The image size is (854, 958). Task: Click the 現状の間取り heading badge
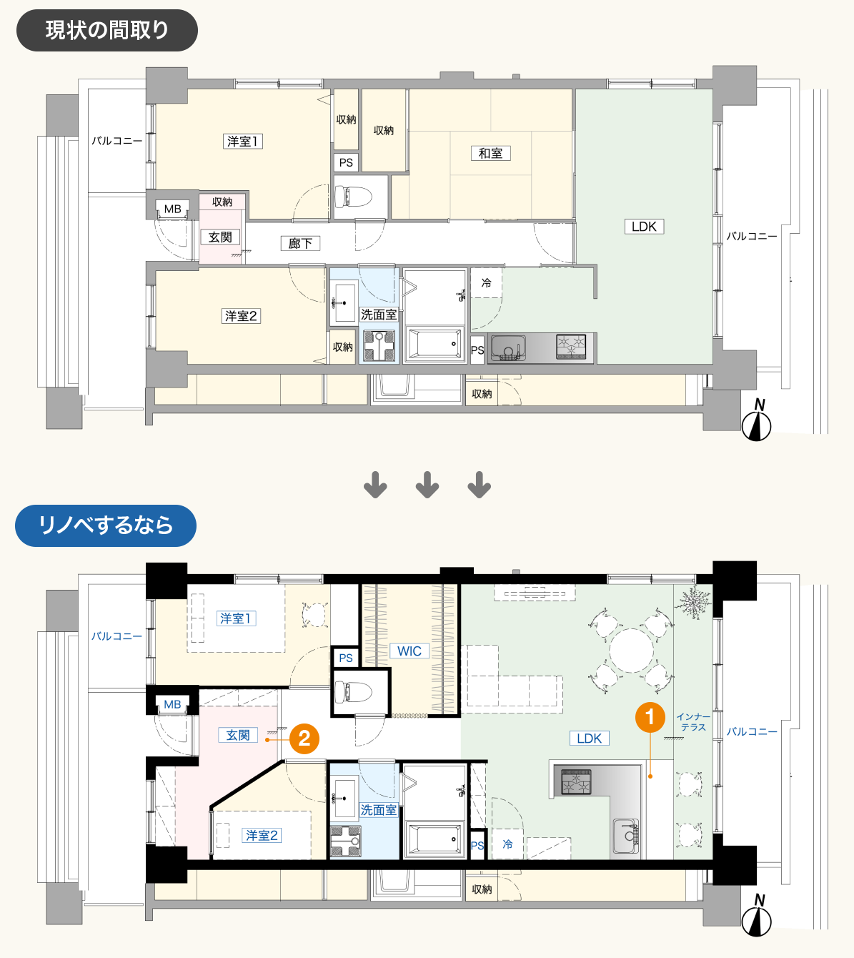106,30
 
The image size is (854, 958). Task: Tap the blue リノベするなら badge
106,525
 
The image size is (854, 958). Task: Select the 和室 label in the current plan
490,153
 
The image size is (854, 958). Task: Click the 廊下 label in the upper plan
300,243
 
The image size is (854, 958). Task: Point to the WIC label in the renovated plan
409,651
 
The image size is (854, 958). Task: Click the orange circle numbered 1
650,717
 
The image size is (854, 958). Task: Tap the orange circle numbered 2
304,739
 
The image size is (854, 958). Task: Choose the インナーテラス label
693,722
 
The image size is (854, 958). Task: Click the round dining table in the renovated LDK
631,650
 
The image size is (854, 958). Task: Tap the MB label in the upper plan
172,209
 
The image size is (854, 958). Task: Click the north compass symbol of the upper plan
757,421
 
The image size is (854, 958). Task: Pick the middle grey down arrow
427,485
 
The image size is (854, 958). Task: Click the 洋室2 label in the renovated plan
262,835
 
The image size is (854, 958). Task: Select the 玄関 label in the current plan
220,237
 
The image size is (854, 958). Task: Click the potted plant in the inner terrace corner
693,601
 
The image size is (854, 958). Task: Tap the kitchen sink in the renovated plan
626,836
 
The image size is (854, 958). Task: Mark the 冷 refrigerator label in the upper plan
486,283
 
